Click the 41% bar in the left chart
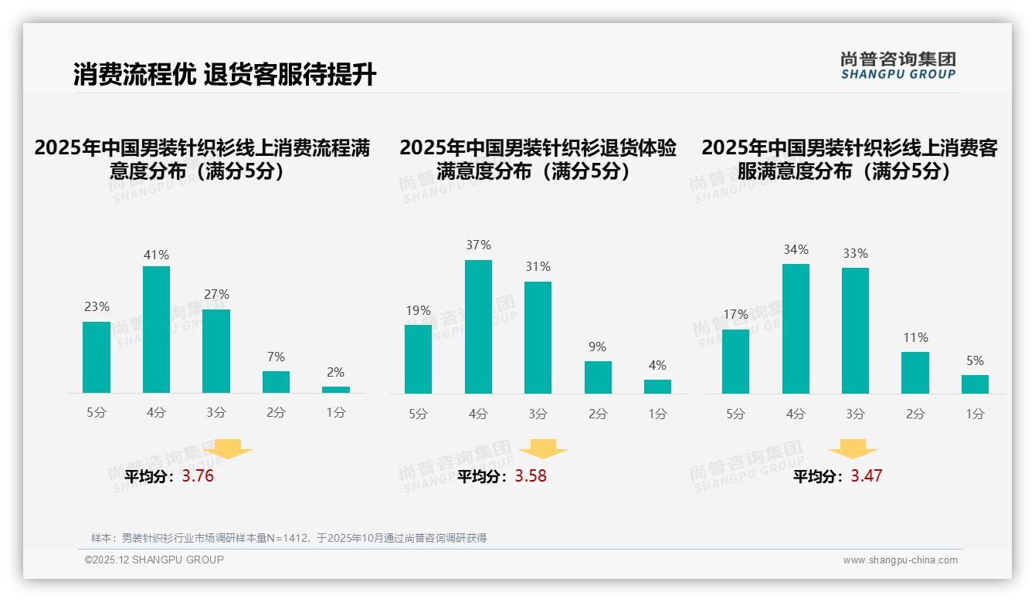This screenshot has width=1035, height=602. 156,330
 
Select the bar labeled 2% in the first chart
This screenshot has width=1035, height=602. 336,390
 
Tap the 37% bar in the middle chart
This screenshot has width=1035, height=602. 478,326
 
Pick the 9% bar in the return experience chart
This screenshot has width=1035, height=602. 598,377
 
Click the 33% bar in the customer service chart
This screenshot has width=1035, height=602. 855,330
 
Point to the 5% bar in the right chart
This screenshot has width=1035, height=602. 975,384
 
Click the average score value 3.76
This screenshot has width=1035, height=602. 198,476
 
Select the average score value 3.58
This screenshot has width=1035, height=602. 531,476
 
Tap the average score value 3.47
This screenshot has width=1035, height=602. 867,476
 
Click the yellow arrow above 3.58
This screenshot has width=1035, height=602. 544,448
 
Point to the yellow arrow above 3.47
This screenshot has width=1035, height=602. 853,448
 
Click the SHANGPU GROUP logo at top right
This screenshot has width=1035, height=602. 898,66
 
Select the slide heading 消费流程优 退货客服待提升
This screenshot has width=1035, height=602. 225,75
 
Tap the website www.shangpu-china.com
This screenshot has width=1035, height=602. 900,560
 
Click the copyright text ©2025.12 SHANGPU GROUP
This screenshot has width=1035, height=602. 154,560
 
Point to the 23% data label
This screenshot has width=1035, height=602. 97,307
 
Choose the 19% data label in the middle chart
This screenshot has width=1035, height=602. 418,311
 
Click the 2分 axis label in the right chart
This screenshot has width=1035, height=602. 915,414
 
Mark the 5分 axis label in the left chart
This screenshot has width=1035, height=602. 97,413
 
